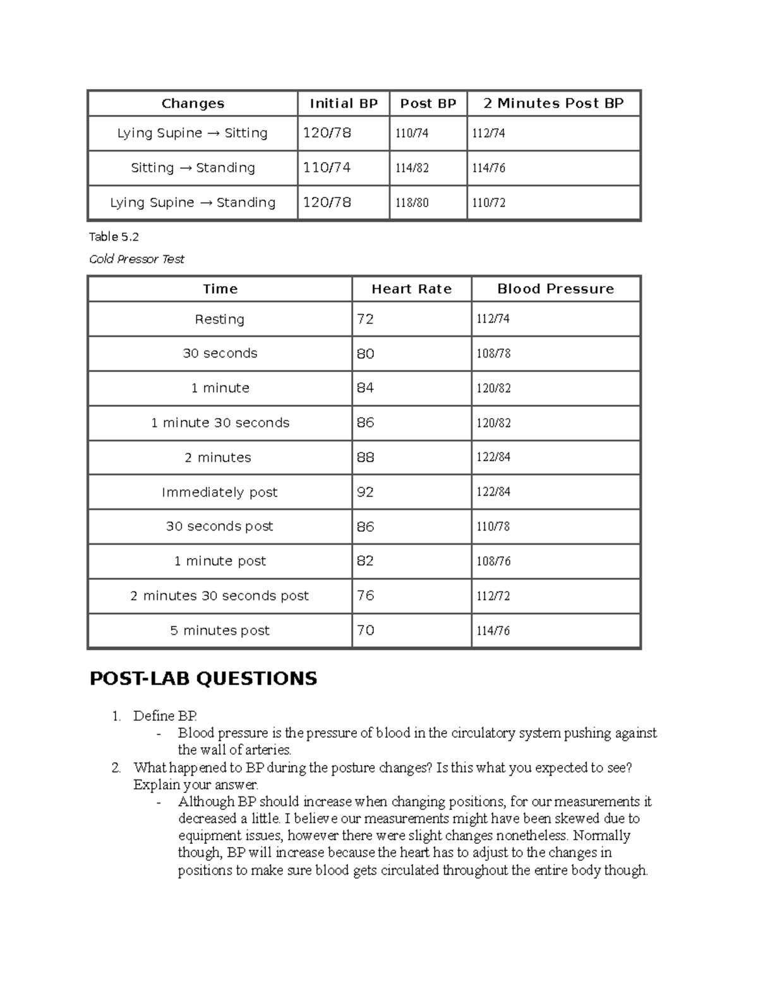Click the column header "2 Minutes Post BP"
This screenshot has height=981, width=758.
tap(553, 104)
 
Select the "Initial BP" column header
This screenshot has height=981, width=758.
tap(344, 104)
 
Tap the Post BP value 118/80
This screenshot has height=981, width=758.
tap(412, 203)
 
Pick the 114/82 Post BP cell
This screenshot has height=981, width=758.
tap(412, 168)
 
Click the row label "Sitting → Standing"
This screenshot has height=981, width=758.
tap(193, 168)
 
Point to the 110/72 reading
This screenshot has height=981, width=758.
tap(489, 203)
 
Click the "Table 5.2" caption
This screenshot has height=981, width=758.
tap(114, 237)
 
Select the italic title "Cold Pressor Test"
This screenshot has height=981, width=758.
tap(136, 259)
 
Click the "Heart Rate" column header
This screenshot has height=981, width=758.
tap(411, 289)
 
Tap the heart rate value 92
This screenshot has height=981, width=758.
tap(365, 492)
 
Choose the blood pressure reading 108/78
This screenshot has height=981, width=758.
tap(493, 354)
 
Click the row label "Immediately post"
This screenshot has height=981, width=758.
tap(219, 492)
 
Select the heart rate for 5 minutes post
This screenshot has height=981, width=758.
tap(365, 630)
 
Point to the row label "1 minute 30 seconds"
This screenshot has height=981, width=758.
tap(220, 423)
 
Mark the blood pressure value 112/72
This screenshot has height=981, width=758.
tap(493, 596)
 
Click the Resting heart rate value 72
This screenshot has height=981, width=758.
tap(365, 320)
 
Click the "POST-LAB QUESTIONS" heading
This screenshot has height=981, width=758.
tap(203, 678)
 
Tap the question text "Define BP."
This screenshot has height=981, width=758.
tap(165, 716)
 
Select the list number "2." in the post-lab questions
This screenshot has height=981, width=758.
tap(116, 767)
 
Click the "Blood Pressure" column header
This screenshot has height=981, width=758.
tap(555, 289)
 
